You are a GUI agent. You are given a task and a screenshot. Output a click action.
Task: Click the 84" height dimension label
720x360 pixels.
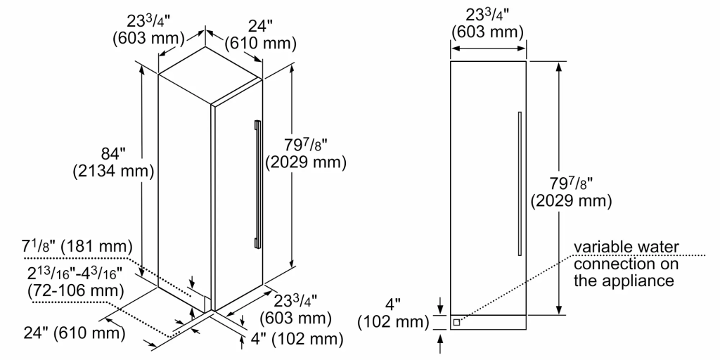coord(115,151)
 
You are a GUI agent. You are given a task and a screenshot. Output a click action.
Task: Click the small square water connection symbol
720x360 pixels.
coord(457,322)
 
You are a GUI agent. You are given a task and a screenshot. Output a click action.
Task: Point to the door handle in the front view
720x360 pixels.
coord(520,183)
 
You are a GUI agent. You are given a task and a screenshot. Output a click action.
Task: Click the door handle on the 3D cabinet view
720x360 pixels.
coord(257,184)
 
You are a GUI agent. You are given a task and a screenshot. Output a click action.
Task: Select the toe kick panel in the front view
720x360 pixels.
coord(488,322)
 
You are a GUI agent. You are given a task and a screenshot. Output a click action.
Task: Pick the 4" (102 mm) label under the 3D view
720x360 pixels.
coord(297,340)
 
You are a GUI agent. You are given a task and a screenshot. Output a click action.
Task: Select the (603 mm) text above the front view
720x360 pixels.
coord(488,32)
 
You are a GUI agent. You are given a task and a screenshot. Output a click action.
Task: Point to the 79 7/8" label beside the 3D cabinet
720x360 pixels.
coord(306,145)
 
